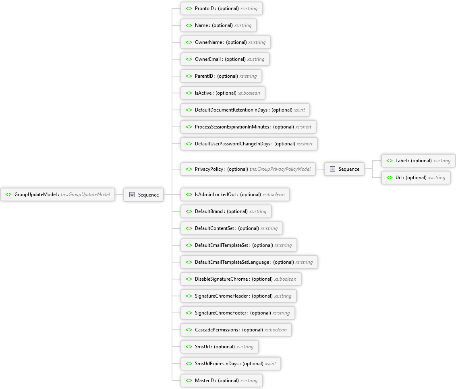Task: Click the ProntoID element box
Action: click(x=222, y=8)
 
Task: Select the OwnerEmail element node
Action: click(x=225, y=59)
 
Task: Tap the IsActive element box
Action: click(x=223, y=93)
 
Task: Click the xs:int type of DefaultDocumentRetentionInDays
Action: click(x=299, y=110)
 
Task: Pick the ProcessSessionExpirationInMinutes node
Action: click(x=249, y=127)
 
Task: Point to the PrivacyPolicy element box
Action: click(x=248, y=169)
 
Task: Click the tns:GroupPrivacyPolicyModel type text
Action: click(x=280, y=169)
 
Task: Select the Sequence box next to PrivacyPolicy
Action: click(x=344, y=169)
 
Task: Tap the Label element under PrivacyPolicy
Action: click(x=418, y=161)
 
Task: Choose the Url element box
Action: click(x=416, y=177)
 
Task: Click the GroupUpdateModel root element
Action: click(x=58, y=194)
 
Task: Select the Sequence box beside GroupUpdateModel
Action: click(x=144, y=194)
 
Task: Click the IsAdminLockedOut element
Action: click(x=235, y=194)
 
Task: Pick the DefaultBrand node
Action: click(x=226, y=211)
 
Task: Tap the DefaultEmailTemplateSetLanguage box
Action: click(x=249, y=262)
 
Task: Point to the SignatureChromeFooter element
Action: click(x=238, y=313)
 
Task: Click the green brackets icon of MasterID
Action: click(x=189, y=380)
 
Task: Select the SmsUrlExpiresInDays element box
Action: click(x=230, y=363)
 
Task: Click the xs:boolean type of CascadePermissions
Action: click(x=276, y=330)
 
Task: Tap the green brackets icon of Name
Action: click(x=189, y=25)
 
